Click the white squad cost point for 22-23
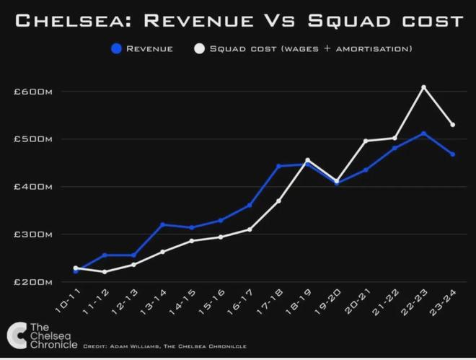(424, 87)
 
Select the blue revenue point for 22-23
(424, 133)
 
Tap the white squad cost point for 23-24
(453, 125)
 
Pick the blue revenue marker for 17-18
(278, 166)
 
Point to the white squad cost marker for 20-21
(366, 141)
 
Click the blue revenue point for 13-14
(162, 224)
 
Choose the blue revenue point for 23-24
(453, 154)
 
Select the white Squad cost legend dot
(199, 49)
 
